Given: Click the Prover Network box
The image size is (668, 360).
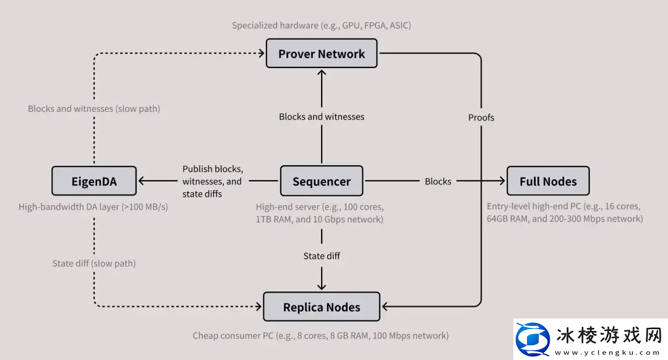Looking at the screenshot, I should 322,54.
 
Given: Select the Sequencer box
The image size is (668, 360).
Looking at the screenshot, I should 322,182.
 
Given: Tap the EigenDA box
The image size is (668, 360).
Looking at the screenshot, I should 93,182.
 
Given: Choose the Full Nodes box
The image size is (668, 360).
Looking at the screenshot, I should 548,182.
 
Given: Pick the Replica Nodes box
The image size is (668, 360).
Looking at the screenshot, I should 322,307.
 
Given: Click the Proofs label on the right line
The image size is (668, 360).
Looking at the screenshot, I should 481,117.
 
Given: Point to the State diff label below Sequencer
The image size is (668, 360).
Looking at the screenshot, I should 322,255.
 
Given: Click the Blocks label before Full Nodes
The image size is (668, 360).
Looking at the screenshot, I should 438,181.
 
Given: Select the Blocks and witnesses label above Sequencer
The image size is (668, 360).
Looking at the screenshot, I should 322,116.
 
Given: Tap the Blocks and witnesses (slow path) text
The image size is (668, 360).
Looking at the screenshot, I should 94,109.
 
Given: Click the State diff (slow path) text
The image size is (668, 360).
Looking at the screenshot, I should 94,264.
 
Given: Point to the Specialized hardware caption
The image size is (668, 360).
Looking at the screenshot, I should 322,25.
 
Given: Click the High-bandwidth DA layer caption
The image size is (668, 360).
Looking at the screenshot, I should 93,207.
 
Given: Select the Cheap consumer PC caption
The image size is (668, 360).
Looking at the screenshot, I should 320,336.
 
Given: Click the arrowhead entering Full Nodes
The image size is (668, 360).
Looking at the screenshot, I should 502,181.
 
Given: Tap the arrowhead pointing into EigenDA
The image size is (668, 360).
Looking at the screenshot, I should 142,181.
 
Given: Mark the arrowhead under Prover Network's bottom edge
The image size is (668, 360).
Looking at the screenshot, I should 322,72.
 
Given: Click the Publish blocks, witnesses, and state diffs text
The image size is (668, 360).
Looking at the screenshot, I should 212,181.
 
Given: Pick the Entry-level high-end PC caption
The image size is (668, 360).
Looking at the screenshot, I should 565,212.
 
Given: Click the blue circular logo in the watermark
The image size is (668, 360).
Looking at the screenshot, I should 534,339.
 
